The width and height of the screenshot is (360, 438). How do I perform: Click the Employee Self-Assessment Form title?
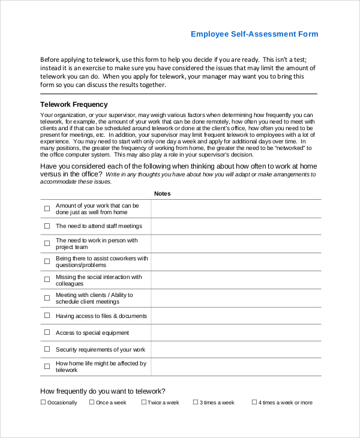[x=254, y=34]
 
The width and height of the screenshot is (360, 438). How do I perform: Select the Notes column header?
[x=162, y=194]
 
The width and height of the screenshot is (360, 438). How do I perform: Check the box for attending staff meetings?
[x=47, y=226]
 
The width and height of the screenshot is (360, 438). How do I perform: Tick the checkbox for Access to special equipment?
[x=47, y=333]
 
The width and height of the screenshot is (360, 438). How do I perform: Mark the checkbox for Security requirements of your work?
[x=47, y=350]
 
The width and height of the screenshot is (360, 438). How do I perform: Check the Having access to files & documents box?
[x=47, y=316]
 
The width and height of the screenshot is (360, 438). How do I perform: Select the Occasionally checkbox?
[x=43, y=403]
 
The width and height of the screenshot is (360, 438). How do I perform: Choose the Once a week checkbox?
[x=92, y=403]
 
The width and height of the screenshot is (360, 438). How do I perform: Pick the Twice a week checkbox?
[x=144, y=403]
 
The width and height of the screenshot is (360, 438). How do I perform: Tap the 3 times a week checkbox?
[x=196, y=403]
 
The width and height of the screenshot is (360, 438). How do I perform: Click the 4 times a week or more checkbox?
[x=254, y=403]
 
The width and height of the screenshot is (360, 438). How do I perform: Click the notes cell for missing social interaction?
[x=236, y=280]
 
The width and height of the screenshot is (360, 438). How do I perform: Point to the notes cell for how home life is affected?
[x=236, y=367]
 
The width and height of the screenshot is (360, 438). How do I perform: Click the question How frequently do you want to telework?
[x=103, y=391]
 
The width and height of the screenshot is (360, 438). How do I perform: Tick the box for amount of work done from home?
[x=47, y=209]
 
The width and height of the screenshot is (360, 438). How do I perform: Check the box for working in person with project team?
[x=47, y=244]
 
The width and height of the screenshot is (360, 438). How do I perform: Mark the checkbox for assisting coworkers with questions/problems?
[x=47, y=262]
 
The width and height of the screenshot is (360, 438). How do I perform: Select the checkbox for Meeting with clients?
[x=47, y=298]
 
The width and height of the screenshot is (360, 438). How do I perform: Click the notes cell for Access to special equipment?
[x=236, y=333]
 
